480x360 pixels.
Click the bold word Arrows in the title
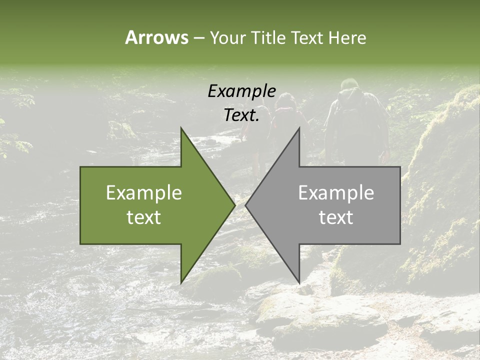[156, 37]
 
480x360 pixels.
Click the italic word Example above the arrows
[241, 91]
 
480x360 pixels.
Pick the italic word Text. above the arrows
[241, 115]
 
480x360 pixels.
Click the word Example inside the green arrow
[144, 192]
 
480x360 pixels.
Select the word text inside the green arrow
[144, 217]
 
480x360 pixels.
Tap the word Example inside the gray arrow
[336, 192]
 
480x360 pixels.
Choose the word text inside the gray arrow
[336, 217]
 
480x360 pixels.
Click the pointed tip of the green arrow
[235, 205]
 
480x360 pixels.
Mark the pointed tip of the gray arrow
[245, 205]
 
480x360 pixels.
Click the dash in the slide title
[198, 38]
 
